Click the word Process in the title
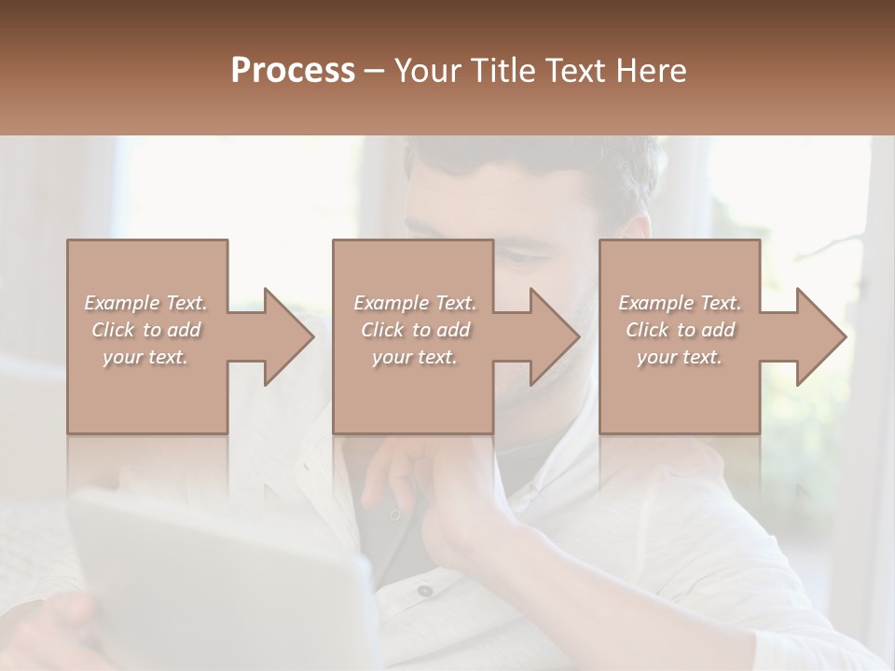click(x=293, y=71)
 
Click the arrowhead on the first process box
click(x=289, y=336)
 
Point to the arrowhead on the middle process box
click(x=555, y=336)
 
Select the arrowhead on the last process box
click(x=821, y=336)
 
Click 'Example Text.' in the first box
click(x=145, y=303)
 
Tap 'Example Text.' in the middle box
click(x=414, y=303)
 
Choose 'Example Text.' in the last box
click(x=680, y=303)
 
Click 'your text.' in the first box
click(x=145, y=357)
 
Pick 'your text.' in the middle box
click(x=414, y=357)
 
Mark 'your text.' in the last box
click(x=680, y=357)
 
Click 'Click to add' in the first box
click(x=145, y=330)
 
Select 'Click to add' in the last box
click(x=680, y=330)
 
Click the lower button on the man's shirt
click(x=425, y=590)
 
